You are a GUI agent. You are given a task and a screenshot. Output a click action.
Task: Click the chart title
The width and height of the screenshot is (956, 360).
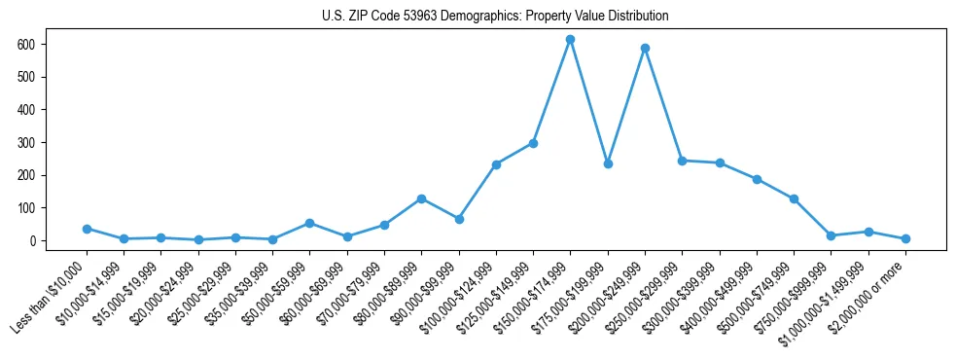pyautogui.click(x=495, y=17)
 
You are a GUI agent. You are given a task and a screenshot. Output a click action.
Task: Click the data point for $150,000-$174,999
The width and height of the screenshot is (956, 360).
pyautogui.click(x=570, y=39)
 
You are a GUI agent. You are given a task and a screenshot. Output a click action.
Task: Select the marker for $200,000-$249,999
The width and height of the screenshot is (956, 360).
pyautogui.click(x=645, y=48)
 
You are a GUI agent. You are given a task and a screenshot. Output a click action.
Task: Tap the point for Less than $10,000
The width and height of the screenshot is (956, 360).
pyautogui.click(x=87, y=229)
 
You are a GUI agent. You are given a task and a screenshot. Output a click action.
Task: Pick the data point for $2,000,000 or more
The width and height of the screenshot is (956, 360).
pyautogui.click(x=905, y=238)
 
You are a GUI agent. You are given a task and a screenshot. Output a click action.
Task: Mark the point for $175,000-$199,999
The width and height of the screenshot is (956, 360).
pyautogui.click(x=608, y=163)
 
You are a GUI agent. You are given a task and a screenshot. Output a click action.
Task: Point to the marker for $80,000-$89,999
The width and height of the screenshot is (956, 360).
pyautogui.click(x=421, y=198)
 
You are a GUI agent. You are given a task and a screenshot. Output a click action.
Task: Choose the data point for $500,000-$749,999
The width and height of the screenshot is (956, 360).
pyautogui.click(x=794, y=198)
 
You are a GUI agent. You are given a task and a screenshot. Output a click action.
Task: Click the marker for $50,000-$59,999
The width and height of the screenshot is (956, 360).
pyautogui.click(x=309, y=223)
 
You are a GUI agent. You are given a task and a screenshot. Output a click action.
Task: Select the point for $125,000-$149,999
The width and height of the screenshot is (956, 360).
pyautogui.click(x=533, y=143)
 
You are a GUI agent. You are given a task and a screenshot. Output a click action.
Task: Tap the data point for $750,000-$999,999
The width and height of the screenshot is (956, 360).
pyautogui.click(x=831, y=235)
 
